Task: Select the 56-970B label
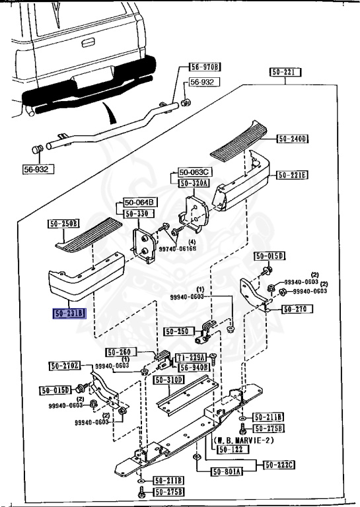(205, 67)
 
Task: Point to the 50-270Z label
(65, 366)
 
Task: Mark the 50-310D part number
(170, 380)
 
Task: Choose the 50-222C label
(280, 465)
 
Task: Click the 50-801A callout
(227, 471)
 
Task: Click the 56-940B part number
(194, 367)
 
